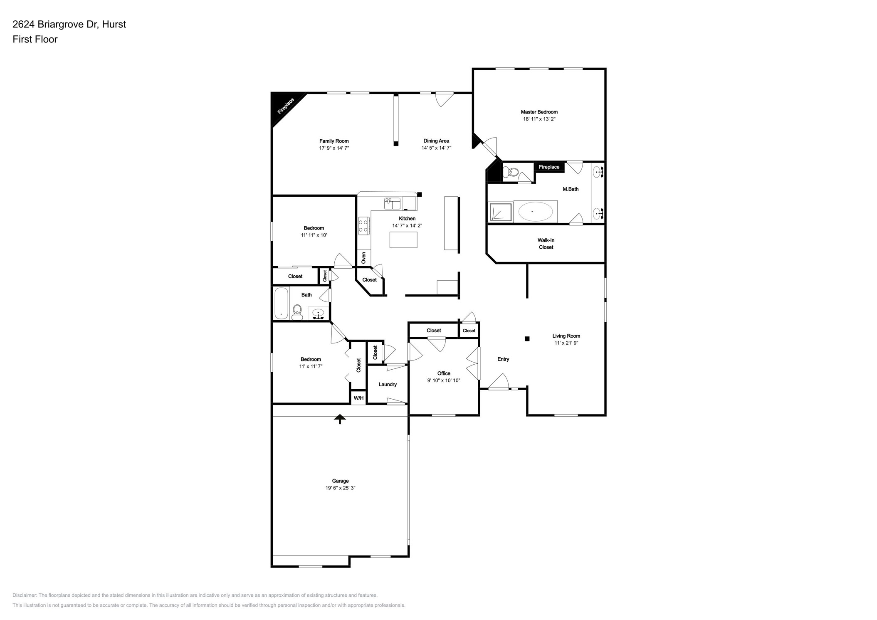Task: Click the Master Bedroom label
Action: pos(539,112)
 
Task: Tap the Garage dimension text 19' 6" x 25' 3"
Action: pos(340,488)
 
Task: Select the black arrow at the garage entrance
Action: pos(340,419)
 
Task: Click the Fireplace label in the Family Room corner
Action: pos(286,106)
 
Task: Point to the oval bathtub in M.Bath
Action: pos(535,212)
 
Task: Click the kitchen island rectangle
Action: pos(403,240)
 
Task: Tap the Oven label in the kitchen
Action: pos(363,257)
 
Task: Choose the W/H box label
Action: pos(358,398)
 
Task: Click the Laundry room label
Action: pos(387,384)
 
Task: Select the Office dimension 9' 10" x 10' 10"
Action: pos(443,380)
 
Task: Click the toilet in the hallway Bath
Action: pos(297,311)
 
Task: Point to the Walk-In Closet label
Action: pos(546,244)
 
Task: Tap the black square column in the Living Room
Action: pos(527,338)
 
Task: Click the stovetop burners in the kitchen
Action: pos(363,226)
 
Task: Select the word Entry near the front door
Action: pos(503,359)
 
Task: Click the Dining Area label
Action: pos(436,141)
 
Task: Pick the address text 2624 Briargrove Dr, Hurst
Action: pos(69,24)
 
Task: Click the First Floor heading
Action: pos(35,39)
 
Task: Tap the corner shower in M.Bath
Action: pos(500,212)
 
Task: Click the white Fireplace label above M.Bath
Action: pos(549,167)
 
